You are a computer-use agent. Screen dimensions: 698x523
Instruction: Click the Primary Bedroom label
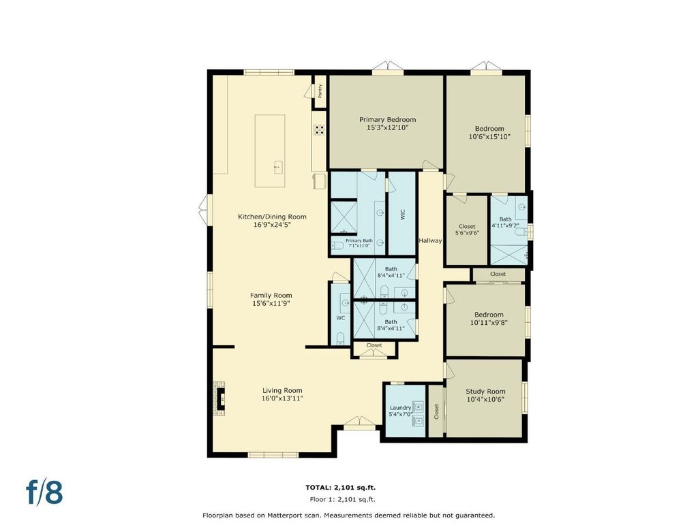click(388, 119)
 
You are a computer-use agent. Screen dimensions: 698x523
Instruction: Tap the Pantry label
click(320, 91)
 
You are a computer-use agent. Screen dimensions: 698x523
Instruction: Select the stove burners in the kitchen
click(319, 130)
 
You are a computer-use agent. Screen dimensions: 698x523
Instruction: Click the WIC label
click(403, 215)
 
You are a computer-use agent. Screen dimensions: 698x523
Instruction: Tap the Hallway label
click(431, 240)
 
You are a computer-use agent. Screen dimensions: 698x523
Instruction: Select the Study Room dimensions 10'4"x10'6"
click(485, 399)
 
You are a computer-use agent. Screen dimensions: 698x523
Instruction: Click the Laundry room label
click(400, 407)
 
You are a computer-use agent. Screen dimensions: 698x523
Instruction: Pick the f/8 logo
click(44, 491)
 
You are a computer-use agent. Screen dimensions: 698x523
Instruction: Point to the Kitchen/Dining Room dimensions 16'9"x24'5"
click(273, 225)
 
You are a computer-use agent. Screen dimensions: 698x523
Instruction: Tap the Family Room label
click(271, 296)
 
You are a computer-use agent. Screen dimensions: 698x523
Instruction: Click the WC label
click(341, 318)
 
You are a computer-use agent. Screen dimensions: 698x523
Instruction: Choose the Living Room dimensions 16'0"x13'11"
click(282, 398)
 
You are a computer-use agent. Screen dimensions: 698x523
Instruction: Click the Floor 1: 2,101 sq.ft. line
click(342, 499)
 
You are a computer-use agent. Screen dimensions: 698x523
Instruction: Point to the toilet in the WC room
click(341, 338)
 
